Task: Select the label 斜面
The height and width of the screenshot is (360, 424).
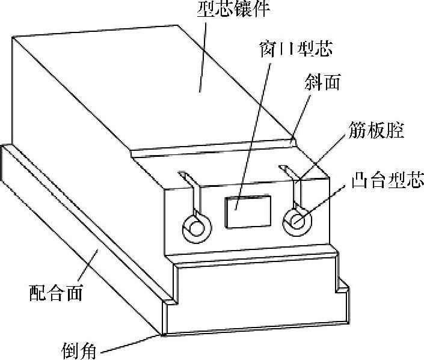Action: pyautogui.click(x=322, y=83)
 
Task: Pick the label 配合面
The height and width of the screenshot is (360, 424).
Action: pyautogui.click(x=56, y=294)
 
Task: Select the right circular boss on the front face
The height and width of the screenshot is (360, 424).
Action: pyautogui.click(x=297, y=221)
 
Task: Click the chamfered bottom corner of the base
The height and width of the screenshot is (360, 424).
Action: pyautogui.click(x=161, y=332)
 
